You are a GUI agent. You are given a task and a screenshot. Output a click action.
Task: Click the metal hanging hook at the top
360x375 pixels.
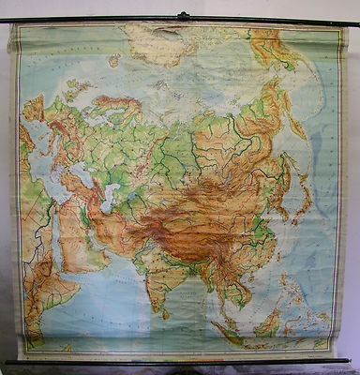(182, 15)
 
